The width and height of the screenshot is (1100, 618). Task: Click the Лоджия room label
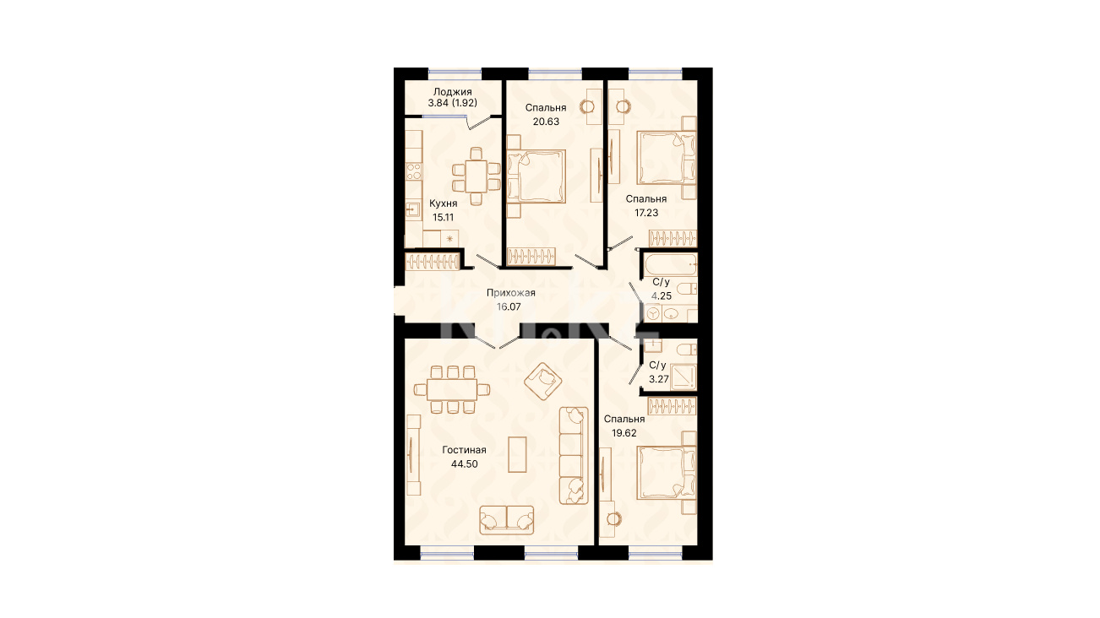coord(452,92)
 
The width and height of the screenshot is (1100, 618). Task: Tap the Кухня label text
coord(443,203)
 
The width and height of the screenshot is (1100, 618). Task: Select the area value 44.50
coord(464,463)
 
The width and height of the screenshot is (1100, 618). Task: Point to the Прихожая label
coord(510,293)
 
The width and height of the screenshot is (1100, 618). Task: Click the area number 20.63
coord(546,122)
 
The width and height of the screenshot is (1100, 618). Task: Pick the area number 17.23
coord(646,213)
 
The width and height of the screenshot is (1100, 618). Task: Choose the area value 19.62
coord(624,433)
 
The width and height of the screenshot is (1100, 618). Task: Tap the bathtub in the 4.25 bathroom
coord(670,265)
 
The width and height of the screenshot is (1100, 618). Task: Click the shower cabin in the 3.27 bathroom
coord(683,377)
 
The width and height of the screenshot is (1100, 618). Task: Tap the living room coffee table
coord(517,454)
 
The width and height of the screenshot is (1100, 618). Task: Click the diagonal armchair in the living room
coord(542,381)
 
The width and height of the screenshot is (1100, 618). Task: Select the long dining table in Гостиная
coord(452,390)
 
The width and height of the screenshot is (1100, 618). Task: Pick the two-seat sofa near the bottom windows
coord(507,520)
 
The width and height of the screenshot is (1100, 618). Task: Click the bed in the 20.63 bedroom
coord(536,176)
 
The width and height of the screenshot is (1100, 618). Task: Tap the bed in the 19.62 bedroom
coord(667,472)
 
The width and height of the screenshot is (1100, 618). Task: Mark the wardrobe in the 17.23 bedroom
coord(673,239)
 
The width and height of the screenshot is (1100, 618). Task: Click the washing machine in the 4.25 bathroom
coord(653,313)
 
